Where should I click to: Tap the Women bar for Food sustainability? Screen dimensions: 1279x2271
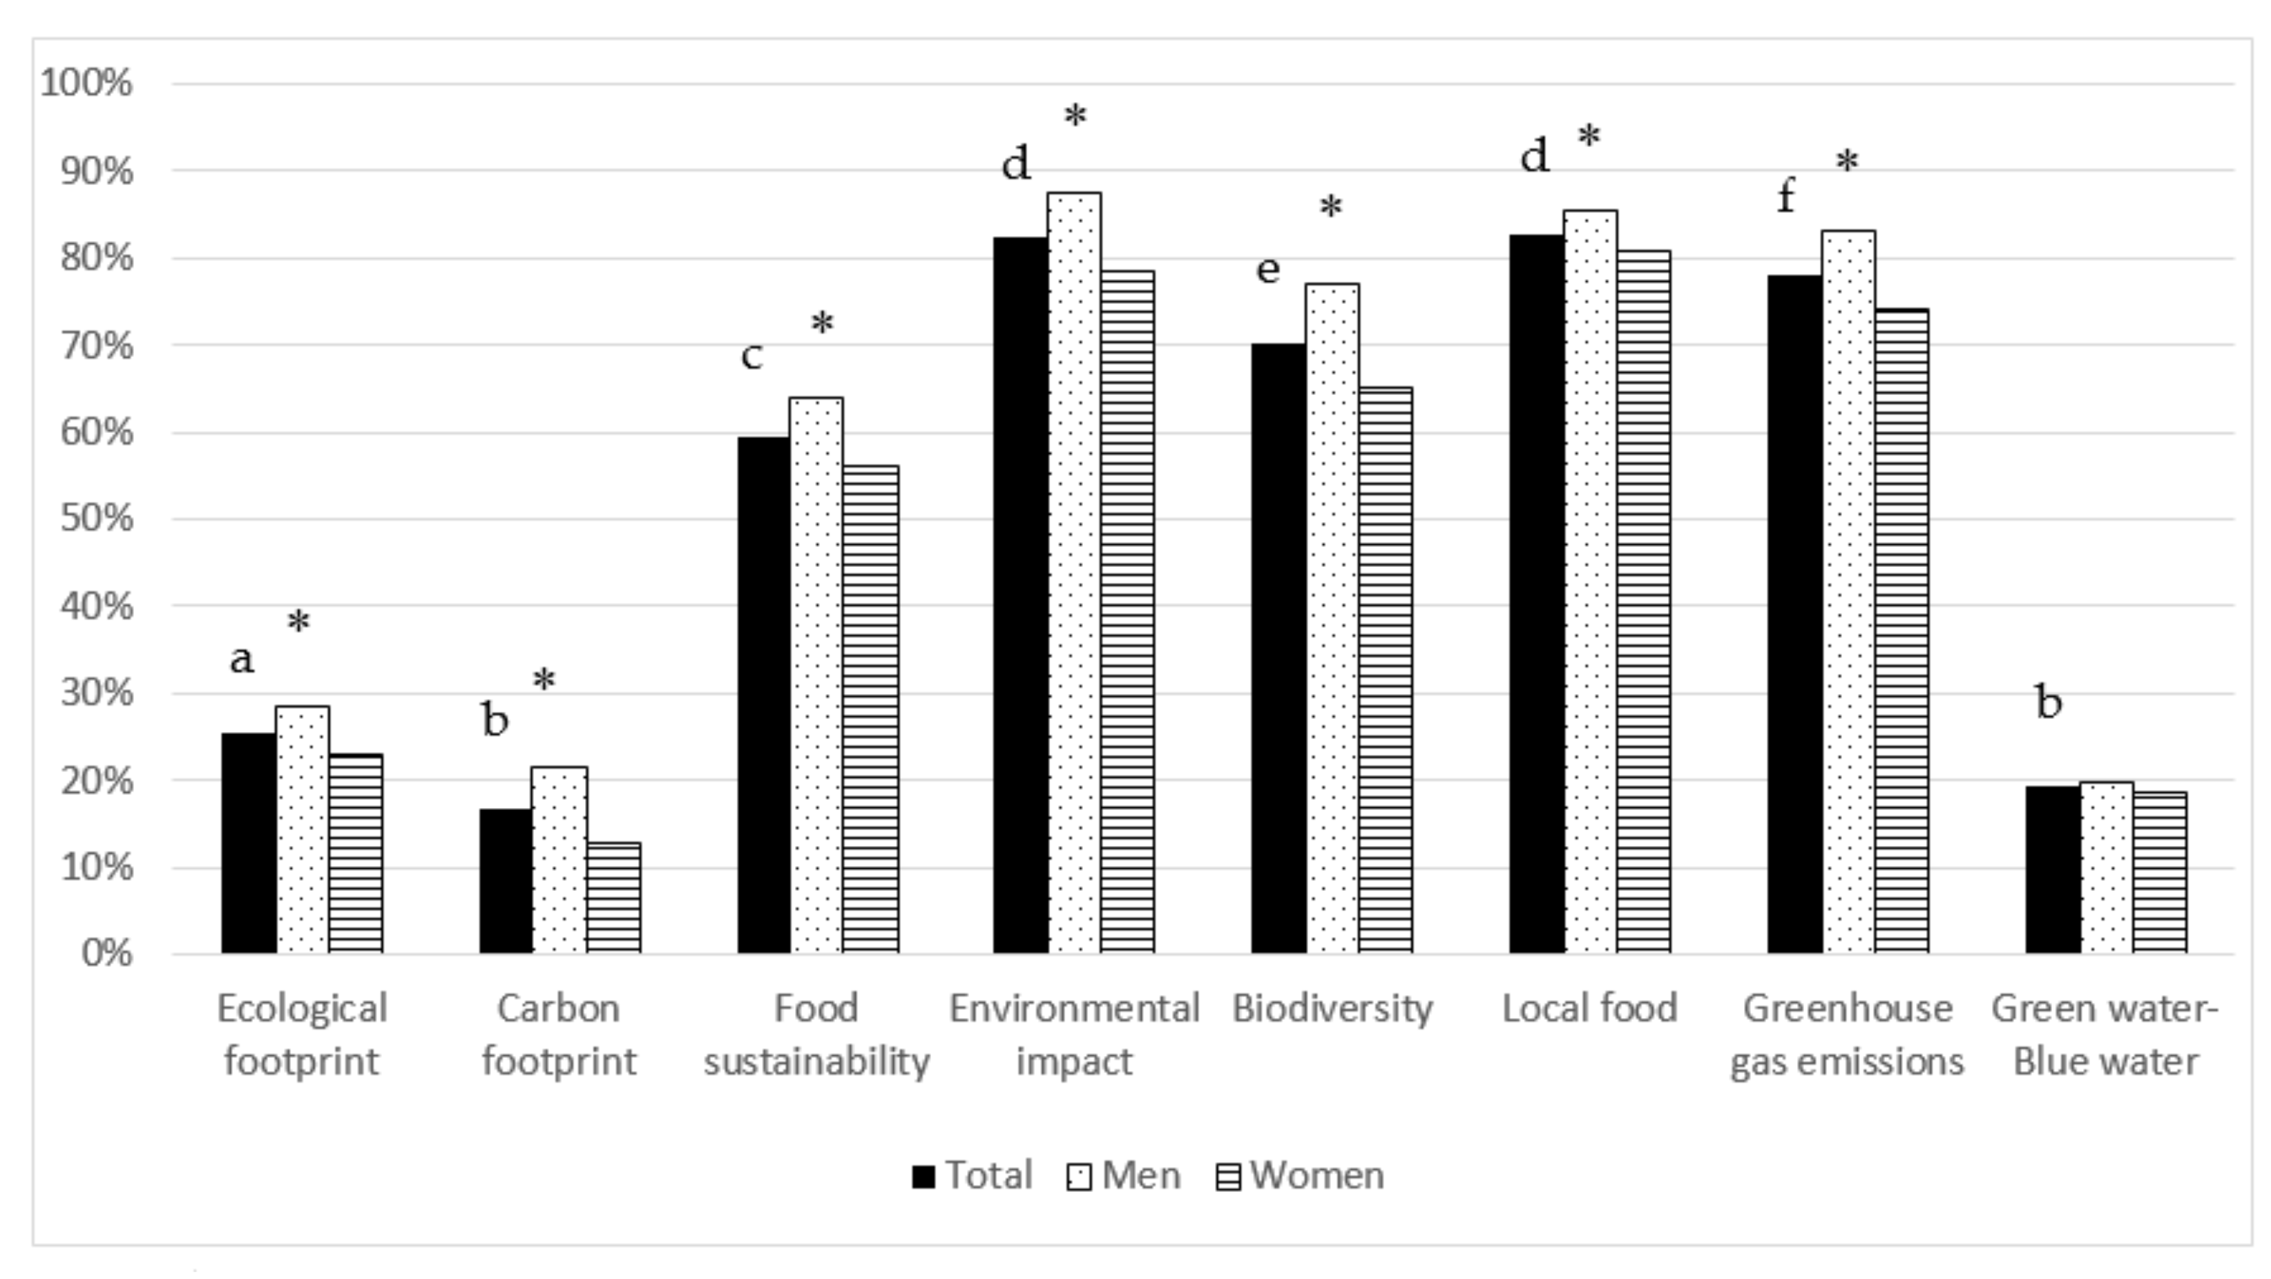click(x=870, y=709)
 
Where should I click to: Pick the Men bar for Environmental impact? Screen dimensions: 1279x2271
click(x=1074, y=573)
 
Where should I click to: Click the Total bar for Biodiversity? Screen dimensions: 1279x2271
click(x=1278, y=648)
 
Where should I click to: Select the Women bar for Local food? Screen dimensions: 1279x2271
click(x=1643, y=601)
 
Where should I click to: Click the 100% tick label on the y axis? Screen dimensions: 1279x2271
click(x=86, y=84)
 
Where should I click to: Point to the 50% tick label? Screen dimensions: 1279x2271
click(x=96, y=519)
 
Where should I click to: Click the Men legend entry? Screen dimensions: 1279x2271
click(x=1123, y=1175)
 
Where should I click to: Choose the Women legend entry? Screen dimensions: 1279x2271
click(x=1301, y=1175)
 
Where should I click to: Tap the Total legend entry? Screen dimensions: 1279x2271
click(x=972, y=1175)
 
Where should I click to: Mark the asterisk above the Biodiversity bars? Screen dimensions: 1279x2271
click(x=1330, y=209)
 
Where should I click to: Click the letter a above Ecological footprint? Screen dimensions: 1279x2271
click(x=242, y=658)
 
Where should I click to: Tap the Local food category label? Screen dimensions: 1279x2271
click(x=1589, y=1008)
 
